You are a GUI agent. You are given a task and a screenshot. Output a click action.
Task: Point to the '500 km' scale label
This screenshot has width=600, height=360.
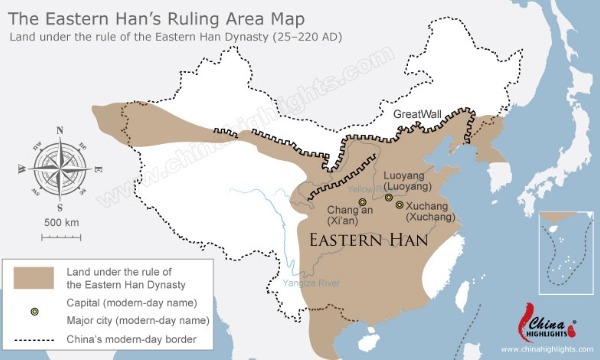(x=61, y=221)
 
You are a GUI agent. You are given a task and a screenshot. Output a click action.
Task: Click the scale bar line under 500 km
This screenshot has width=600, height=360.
(x=61, y=235)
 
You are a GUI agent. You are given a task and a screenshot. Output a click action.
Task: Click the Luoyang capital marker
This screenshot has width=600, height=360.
(x=389, y=198)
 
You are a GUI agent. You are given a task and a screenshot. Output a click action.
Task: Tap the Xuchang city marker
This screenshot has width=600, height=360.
(x=400, y=206)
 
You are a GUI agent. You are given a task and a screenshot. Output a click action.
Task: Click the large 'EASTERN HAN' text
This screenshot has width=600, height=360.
(x=367, y=242)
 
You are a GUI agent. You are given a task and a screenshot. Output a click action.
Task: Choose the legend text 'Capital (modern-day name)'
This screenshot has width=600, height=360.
(x=123, y=301)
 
